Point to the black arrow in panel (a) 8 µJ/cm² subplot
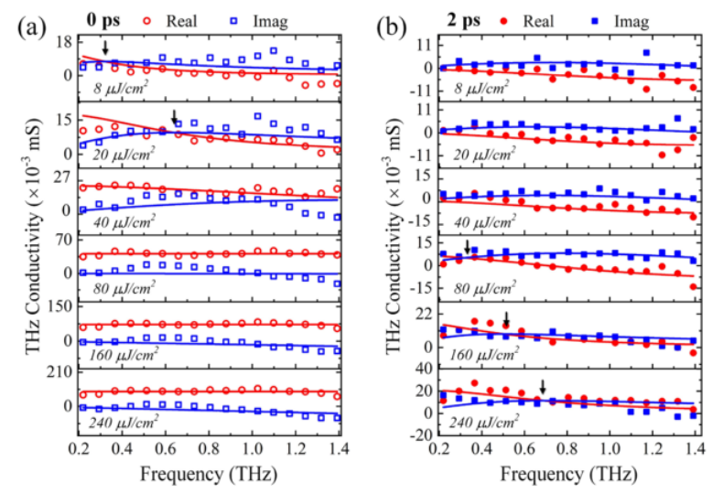[105, 48]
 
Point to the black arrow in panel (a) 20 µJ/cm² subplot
[174, 116]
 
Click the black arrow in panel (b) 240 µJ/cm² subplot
[543, 388]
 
